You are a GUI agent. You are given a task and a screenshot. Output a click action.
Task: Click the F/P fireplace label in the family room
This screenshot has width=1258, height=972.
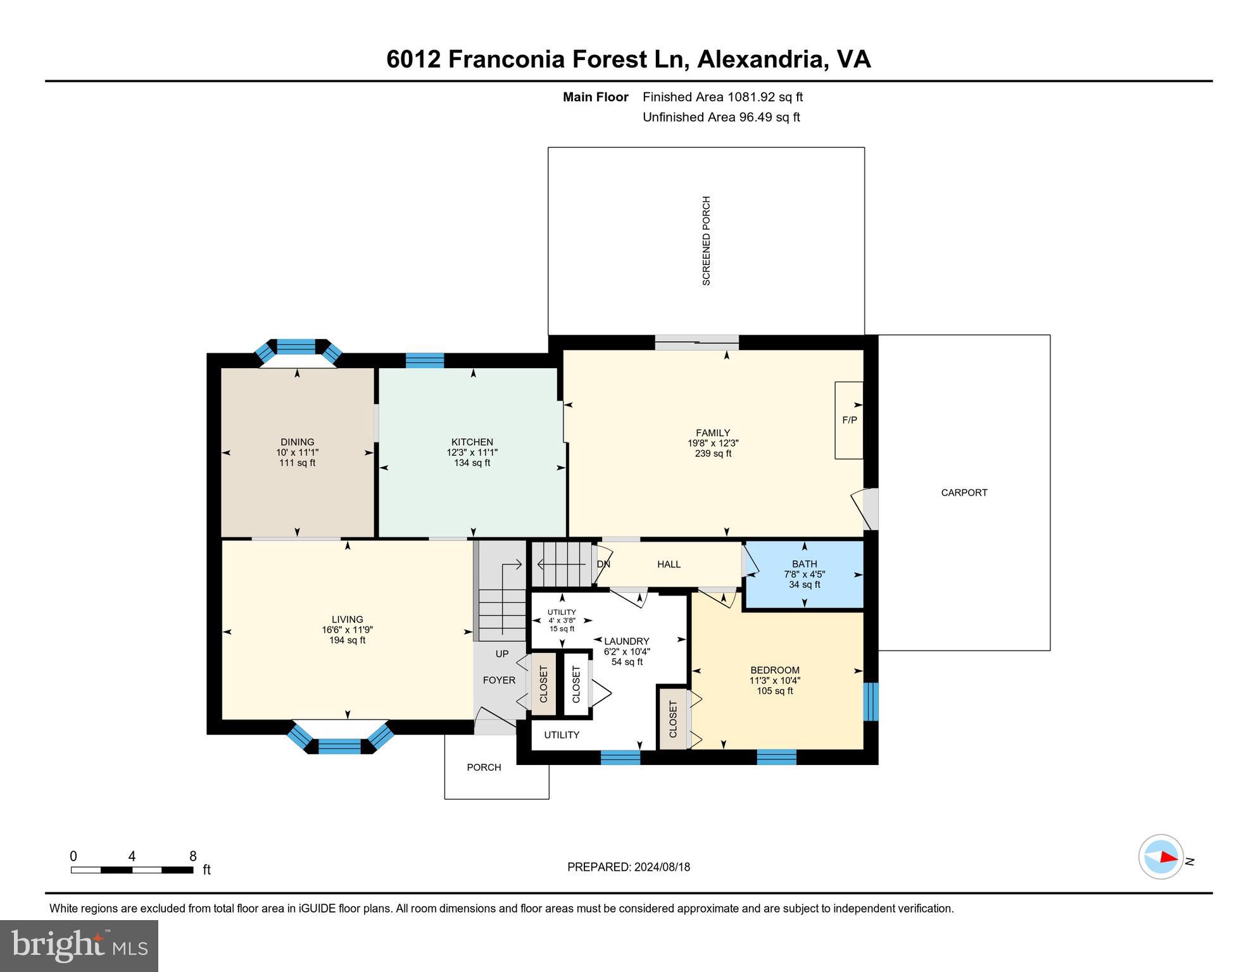849,420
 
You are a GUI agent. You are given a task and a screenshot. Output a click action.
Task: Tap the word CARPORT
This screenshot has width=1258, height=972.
964,492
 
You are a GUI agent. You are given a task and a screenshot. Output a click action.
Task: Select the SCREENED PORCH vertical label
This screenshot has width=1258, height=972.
707,240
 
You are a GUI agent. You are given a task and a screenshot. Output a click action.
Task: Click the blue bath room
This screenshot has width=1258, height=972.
804,574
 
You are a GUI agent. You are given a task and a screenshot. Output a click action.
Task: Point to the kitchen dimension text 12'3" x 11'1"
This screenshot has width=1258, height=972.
472,452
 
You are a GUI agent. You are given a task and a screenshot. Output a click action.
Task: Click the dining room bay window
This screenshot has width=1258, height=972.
296,347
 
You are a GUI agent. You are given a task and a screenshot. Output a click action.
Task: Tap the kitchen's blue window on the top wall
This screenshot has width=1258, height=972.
424,360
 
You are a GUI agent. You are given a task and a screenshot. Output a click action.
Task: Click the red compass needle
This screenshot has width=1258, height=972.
1167,857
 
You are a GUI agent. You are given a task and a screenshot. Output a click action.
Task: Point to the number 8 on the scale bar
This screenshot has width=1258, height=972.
193,856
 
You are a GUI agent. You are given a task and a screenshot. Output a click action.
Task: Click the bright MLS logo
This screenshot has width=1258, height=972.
79,945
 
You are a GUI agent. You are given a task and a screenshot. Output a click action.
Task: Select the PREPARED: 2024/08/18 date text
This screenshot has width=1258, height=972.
628,867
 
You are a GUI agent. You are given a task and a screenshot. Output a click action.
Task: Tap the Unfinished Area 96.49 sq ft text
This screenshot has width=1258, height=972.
721,117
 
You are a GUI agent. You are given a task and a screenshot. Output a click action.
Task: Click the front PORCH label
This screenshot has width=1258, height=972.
484,767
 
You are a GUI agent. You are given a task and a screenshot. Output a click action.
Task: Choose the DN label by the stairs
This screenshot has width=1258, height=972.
603,564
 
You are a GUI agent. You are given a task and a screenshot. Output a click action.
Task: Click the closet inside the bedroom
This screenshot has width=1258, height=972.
673,719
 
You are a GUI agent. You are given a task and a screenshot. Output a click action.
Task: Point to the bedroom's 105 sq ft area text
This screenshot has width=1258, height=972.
774,691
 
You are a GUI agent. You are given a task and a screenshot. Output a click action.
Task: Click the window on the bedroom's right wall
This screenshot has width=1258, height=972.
871,701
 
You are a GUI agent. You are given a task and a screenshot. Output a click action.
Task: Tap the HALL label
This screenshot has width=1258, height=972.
669,564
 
